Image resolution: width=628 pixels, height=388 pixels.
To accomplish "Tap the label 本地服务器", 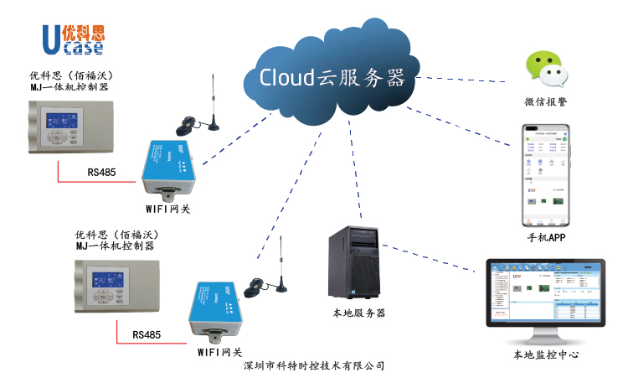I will [x=358, y=313].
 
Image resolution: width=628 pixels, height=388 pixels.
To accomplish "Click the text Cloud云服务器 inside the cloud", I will [x=332, y=78].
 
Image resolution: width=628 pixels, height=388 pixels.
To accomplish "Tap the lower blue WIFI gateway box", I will [x=219, y=307].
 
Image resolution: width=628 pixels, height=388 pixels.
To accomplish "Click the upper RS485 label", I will [x=101, y=173].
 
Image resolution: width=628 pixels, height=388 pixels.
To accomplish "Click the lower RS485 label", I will [x=147, y=334].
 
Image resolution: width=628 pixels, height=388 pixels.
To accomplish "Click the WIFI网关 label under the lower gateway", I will [x=219, y=352].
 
